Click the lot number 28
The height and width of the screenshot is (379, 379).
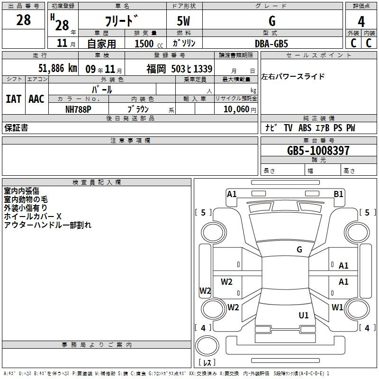tap(23, 20)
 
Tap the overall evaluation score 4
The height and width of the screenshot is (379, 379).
tap(361, 22)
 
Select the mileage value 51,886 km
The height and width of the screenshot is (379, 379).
tap(58, 68)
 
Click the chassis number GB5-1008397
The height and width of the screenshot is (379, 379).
tap(318, 150)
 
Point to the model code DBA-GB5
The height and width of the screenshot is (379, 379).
tap(271, 44)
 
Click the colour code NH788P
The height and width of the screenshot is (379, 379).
tap(78, 109)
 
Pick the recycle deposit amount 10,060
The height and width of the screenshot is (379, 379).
tap(236, 109)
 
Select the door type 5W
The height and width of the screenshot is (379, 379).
tap(183, 21)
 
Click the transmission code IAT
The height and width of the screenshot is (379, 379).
tap(14, 99)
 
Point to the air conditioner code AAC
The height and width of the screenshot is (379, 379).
tap(36, 99)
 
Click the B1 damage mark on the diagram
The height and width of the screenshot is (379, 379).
tap(338, 194)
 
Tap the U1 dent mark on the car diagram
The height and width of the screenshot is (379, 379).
tap(304, 315)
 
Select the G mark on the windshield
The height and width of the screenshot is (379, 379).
tap(299, 249)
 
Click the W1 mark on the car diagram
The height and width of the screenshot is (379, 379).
tap(337, 307)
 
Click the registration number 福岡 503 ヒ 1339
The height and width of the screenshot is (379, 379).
tap(180, 69)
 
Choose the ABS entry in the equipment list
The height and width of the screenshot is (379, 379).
tap(305, 127)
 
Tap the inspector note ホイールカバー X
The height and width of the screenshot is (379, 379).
tap(33, 217)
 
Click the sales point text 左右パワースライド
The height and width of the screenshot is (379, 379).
tap(293, 76)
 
